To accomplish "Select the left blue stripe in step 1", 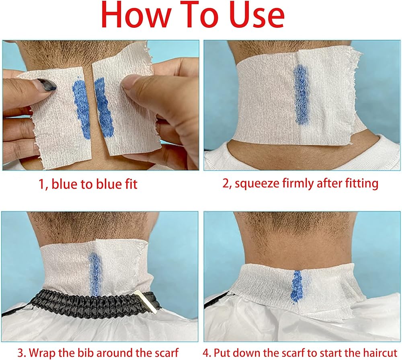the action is coord(82,109).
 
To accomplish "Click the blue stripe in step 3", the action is coord(94,274).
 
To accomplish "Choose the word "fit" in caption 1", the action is coord(131,184).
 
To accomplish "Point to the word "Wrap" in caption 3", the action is coord(42,353).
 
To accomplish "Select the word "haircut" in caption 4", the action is coord(380,353).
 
